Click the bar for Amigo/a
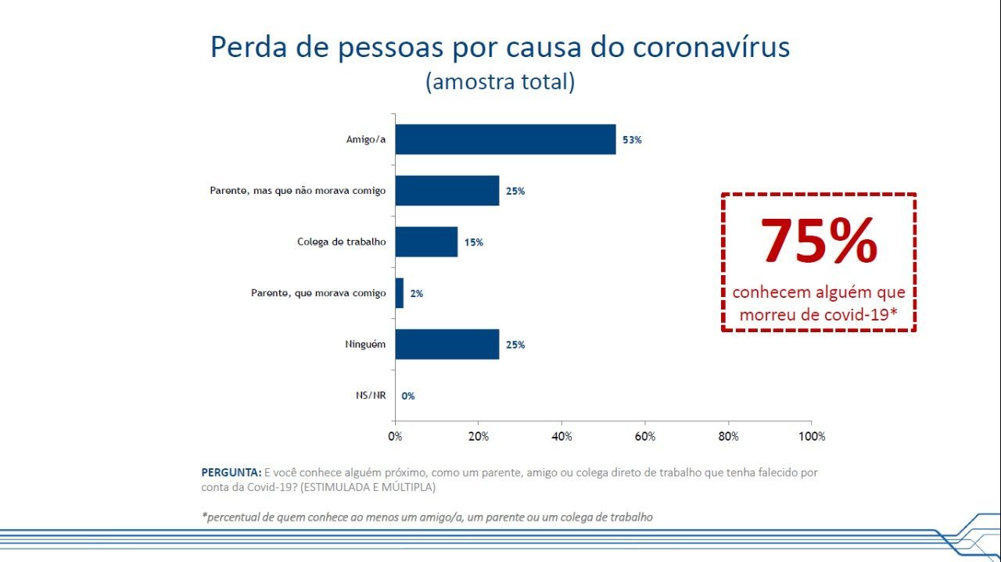pos(505,139)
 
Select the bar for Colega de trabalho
pos(426,242)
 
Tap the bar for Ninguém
pos(447,344)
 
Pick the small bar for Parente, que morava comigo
pos(399,293)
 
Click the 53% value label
pos(632,140)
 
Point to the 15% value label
pos(473,242)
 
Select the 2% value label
pos(416,294)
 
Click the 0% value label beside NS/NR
pos(408,396)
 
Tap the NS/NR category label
pos(371,396)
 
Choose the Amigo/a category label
pos(366,140)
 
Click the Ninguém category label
pos(365,345)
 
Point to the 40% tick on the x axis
pos(561,437)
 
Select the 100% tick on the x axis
pos(810,437)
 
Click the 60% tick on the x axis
pos(644,437)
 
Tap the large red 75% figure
pos(818,241)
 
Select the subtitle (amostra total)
pos(500,81)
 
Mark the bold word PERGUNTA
pos(231,473)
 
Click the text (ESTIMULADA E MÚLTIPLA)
pos(368,487)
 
